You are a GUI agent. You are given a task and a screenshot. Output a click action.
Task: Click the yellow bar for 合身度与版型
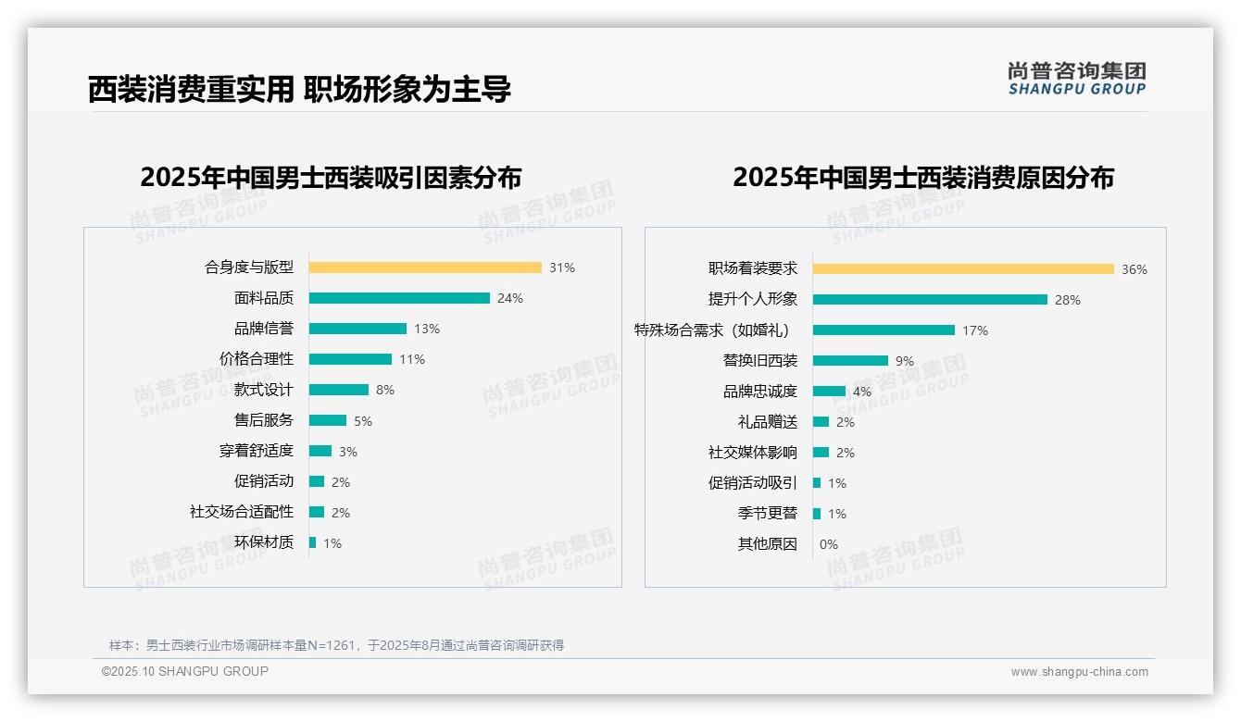(x=425, y=268)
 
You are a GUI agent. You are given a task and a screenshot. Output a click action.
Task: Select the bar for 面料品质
(x=399, y=298)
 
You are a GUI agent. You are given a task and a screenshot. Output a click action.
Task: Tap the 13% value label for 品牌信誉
(x=427, y=329)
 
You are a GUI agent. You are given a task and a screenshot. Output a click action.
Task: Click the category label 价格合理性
(x=257, y=359)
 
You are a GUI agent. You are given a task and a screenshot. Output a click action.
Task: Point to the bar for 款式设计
(x=339, y=390)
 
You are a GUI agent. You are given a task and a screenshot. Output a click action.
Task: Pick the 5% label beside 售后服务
(x=363, y=421)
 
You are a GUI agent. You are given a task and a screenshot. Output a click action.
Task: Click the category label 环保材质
(x=264, y=542)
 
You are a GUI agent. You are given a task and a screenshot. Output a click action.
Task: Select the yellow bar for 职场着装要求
(x=963, y=269)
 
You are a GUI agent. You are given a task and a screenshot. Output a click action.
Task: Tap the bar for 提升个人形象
(x=930, y=300)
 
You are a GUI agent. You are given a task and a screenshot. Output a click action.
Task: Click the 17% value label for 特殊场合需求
(x=975, y=330)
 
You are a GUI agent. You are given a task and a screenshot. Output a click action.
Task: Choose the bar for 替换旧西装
(x=850, y=361)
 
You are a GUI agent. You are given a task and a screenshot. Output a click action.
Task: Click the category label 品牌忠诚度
(x=760, y=392)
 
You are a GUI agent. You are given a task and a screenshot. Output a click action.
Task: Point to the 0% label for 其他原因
(x=829, y=544)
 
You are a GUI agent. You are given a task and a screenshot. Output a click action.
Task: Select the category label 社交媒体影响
(x=753, y=453)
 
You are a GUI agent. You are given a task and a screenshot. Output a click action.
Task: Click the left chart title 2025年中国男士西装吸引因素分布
(x=331, y=178)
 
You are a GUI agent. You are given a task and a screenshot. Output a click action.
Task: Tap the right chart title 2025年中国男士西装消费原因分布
(x=923, y=178)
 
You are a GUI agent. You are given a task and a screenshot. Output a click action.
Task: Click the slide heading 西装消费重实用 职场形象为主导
(x=299, y=90)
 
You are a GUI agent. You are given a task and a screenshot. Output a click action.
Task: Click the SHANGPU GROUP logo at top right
(x=1077, y=79)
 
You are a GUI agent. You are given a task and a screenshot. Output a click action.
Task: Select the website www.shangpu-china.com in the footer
(x=1079, y=672)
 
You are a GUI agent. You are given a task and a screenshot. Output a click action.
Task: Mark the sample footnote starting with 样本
(x=336, y=645)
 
